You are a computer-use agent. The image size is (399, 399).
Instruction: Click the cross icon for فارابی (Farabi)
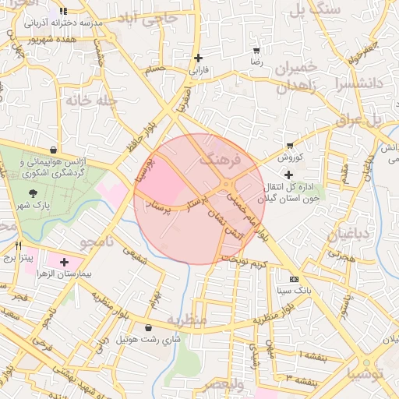coord(199,58)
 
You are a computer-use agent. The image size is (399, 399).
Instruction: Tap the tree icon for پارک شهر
coord(32,193)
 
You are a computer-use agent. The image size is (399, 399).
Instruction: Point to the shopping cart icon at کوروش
coord(290,145)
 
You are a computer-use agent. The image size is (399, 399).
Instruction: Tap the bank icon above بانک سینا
coord(294,279)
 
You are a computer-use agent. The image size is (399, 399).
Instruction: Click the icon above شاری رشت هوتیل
coord(149,328)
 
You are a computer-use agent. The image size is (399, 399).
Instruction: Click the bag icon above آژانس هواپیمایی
coord(52,149)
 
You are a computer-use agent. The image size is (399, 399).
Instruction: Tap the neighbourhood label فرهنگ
coord(216,159)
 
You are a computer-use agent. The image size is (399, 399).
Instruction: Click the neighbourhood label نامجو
coord(99,243)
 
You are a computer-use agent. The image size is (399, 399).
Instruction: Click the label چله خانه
coord(90,101)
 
